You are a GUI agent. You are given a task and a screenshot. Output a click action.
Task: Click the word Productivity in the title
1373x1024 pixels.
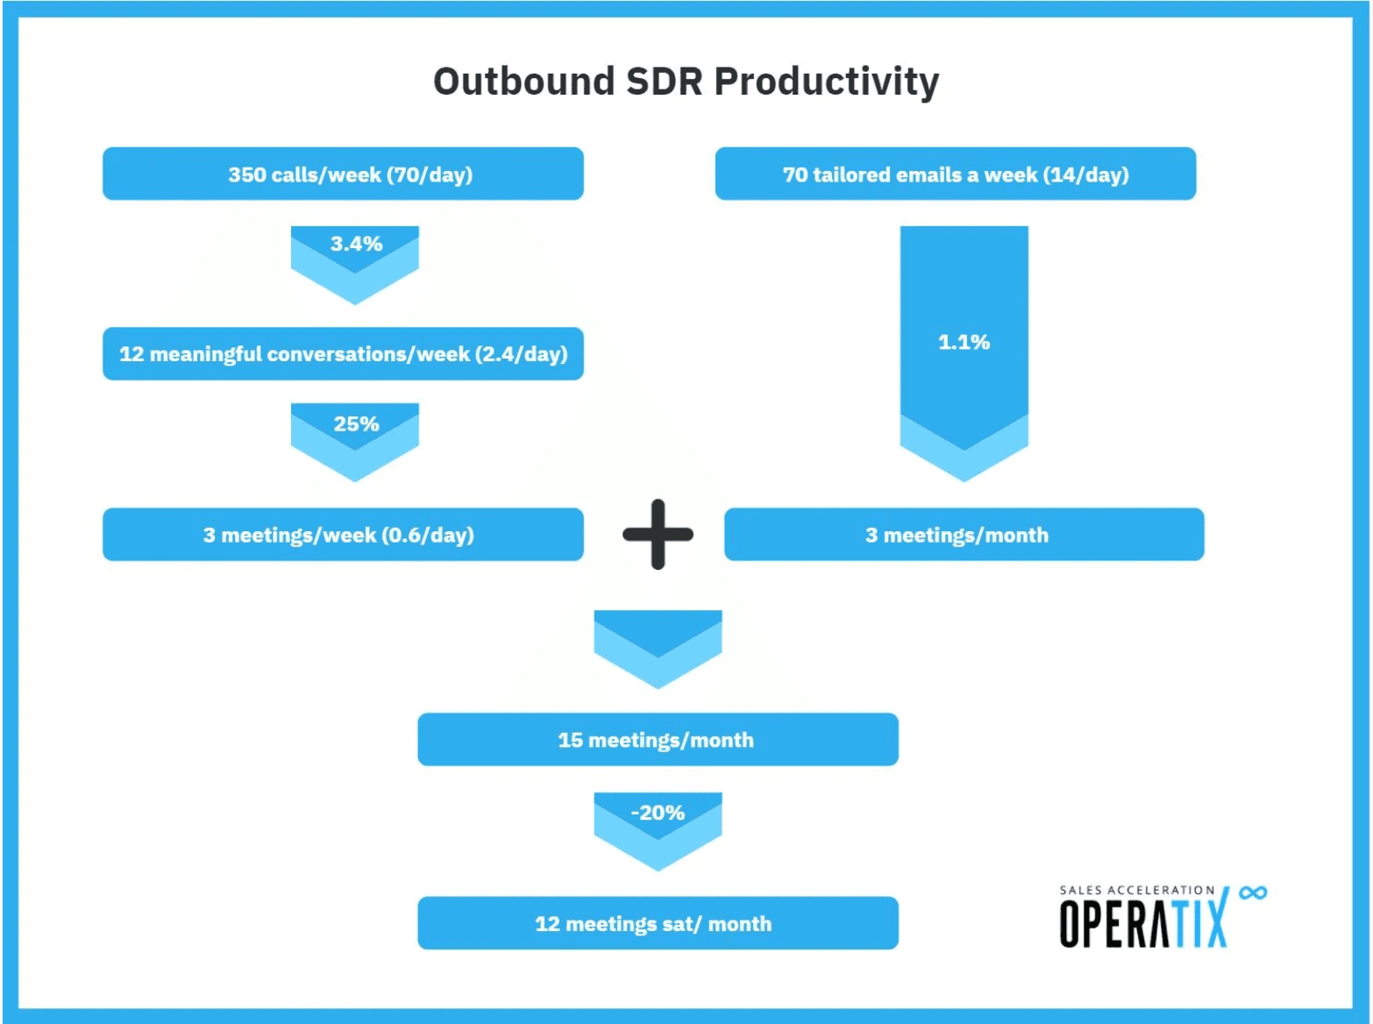(826, 82)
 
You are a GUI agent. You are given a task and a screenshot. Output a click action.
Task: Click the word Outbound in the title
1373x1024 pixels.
(524, 82)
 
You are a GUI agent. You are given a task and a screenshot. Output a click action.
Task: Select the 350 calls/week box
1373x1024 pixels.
(343, 174)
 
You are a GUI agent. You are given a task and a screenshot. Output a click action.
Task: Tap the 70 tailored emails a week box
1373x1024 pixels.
(955, 174)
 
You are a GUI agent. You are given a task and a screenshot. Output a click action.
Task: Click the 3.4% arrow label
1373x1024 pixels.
(356, 244)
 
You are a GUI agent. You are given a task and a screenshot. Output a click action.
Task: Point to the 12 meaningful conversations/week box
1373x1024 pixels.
(343, 354)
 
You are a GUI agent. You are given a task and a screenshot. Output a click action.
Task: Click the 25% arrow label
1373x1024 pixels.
(356, 424)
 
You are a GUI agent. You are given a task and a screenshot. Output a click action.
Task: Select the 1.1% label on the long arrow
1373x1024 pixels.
(964, 342)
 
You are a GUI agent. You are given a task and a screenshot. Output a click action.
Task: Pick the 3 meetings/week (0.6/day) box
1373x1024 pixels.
(343, 535)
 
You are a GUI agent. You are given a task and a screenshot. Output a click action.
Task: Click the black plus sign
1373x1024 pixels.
(658, 535)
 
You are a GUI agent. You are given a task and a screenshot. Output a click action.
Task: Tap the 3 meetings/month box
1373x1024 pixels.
(964, 535)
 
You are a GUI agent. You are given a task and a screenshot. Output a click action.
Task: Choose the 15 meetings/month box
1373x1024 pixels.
(658, 740)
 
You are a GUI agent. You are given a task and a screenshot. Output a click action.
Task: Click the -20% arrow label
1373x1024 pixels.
(658, 813)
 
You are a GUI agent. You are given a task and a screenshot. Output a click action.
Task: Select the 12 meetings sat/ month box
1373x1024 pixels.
(658, 923)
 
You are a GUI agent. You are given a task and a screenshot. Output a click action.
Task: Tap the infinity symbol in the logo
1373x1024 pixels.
(1253, 892)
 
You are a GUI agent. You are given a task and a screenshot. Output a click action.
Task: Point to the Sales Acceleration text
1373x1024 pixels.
(1136, 890)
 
